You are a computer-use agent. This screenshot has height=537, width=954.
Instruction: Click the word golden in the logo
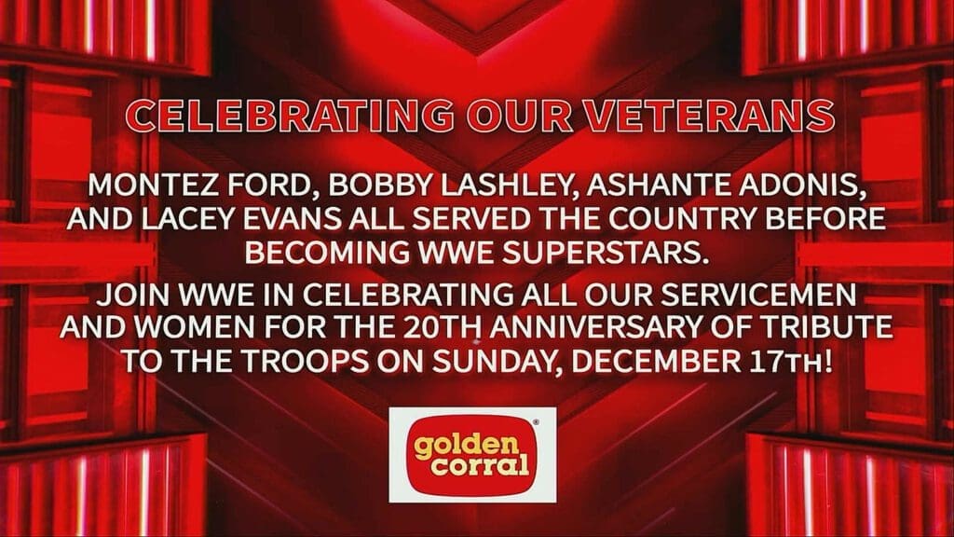tap(466, 446)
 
